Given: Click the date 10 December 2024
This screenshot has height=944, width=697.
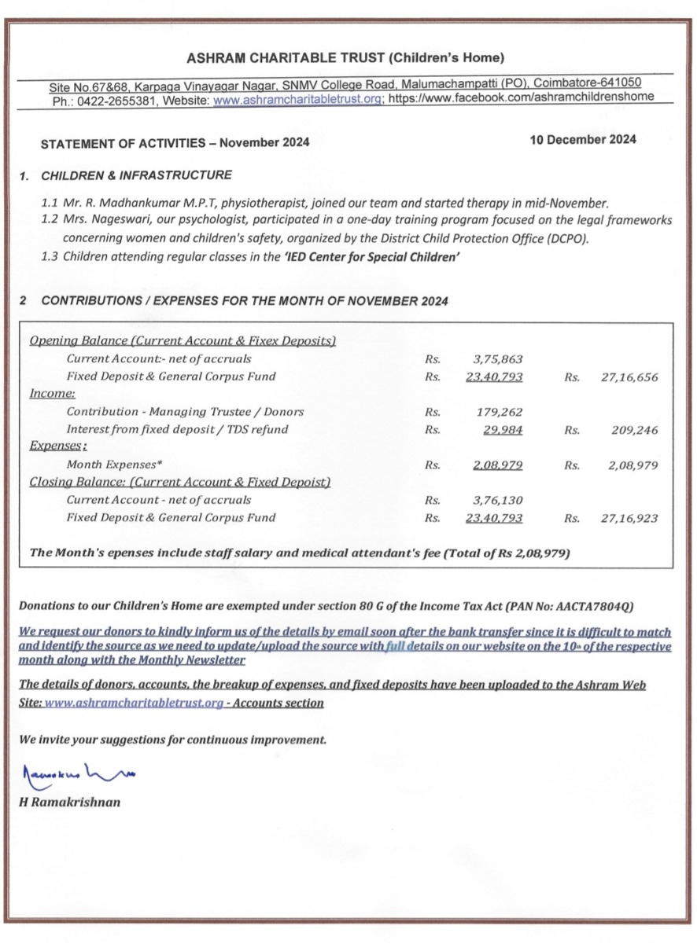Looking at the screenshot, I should pyautogui.click(x=583, y=140).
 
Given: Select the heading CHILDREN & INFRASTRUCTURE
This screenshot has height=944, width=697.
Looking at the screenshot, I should pyautogui.click(x=136, y=174).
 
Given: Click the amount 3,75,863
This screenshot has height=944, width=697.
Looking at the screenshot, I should pyautogui.click(x=500, y=359).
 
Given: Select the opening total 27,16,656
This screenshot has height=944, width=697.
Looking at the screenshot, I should pyautogui.click(x=629, y=376).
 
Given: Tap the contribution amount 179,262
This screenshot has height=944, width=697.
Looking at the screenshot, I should pyautogui.click(x=500, y=411).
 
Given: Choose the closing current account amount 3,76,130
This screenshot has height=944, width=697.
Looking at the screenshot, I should pyautogui.click(x=500, y=500).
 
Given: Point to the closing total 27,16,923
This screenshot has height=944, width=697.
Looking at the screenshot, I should pyautogui.click(x=629, y=518).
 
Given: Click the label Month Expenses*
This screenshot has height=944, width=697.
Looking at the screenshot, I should pyautogui.click(x=114, y=465).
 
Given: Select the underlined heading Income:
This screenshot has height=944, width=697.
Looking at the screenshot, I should pyautogui.click(x=52, y=394).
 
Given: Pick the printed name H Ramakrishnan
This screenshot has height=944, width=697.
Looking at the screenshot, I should pyautogui.click(x=70, y=803).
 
